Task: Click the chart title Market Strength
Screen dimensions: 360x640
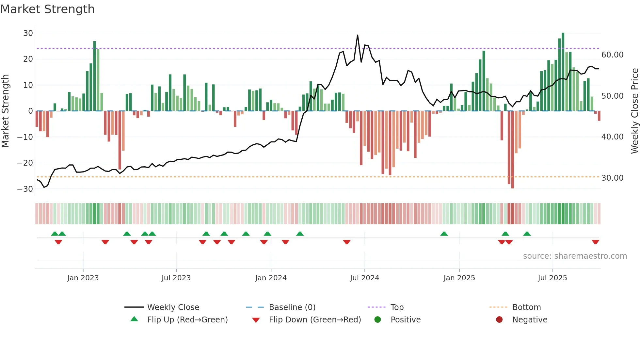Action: (47, 9)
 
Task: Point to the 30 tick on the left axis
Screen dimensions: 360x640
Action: (28, 33)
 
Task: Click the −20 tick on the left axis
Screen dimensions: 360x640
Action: (25, 163)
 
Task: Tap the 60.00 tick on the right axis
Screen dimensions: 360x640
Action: (612, 55)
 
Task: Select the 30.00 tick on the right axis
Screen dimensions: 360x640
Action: (612, 178)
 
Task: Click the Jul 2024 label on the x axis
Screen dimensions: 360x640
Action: (364, 278)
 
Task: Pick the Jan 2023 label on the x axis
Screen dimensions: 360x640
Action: (83, 278)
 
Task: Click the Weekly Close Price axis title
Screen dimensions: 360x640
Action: (634, 111)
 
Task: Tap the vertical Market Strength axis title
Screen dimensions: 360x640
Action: (6, 111)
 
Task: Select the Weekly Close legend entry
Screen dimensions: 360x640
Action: (173, 307)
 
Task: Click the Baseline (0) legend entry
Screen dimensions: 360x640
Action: (292, 307)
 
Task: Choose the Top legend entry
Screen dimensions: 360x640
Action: (397, 307)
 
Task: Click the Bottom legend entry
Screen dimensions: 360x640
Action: (526, 307)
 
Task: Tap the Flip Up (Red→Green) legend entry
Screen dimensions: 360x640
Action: (187, 319)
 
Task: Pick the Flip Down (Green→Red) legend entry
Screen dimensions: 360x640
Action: (315, 319)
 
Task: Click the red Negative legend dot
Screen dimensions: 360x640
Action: (499, 319)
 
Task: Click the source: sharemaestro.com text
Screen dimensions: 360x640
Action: (575, 256)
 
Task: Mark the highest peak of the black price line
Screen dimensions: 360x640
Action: (358, 35)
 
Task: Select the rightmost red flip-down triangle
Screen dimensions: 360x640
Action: (595, 242)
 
